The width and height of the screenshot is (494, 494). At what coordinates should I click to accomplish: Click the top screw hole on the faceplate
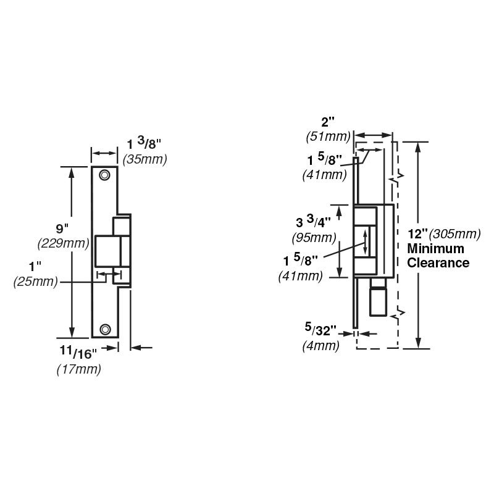[104, 175]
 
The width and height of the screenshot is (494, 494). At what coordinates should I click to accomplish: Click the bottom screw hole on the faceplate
[105, 329]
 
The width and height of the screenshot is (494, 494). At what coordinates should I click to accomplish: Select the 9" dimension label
[62, 228]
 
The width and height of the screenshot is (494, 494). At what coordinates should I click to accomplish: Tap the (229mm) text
[63, 243]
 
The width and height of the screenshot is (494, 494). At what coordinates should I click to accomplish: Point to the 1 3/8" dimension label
[144, 144]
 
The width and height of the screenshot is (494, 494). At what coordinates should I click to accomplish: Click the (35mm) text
[144, 159]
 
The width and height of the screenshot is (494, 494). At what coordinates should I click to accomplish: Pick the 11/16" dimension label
[78, 352]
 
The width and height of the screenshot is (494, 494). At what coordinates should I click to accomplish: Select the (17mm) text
[79, 369]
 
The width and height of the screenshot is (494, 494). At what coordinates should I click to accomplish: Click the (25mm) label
[36, 282]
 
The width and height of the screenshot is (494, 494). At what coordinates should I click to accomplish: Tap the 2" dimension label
[328, 122]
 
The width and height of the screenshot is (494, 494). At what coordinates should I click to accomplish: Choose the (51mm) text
[328, 137]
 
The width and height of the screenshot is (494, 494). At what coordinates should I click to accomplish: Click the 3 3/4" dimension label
[313, 222]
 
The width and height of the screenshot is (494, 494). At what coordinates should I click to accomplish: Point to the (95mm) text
[314, 238]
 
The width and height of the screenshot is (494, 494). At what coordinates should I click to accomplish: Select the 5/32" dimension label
[320, 329]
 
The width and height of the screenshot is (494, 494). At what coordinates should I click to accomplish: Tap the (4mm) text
[320, 346]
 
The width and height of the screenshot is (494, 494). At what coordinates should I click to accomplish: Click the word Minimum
[436, 249]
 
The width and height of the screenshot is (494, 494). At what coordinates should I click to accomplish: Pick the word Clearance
[438, 263]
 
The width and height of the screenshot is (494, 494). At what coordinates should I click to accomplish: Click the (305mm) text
[455, 234]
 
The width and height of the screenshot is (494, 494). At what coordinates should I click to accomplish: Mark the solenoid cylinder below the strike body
[378, 297]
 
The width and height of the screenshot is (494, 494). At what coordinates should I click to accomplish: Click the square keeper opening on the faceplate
[107, 251]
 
